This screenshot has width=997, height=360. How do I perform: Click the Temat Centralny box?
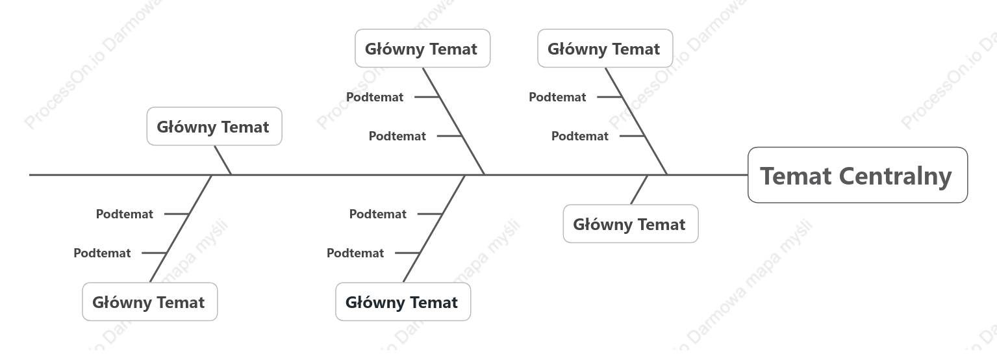point(858,175)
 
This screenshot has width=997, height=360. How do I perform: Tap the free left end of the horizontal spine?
point(29,175)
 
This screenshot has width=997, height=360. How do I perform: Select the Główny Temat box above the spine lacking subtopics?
point(214,126)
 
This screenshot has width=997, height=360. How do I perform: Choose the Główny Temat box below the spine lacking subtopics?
point(631,224)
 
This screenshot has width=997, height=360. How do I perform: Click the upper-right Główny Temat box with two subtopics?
point(605,48)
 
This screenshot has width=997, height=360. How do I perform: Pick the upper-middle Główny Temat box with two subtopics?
point(422,48)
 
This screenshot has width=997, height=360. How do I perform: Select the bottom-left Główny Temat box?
point(149,302)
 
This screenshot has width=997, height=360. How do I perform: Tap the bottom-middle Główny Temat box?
point(403,302)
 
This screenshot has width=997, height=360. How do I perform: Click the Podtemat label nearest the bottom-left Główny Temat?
point(102,253)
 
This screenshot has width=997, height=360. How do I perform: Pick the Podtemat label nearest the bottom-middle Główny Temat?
point(355,253)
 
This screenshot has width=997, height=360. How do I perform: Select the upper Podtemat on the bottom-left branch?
point(125,214)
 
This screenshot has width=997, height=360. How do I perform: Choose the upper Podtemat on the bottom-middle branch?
point(378,214)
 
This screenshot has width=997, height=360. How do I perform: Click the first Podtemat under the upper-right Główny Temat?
point(557,97)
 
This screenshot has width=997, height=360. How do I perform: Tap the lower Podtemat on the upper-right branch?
point(580,136)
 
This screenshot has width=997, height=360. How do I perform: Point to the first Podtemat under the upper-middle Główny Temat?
point(375,97)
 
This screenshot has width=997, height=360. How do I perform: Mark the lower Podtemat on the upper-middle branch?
point(398,136)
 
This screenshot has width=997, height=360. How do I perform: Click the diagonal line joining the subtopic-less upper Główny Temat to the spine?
point(223,161)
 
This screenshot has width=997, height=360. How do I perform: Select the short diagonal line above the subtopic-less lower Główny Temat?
point(639,190)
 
